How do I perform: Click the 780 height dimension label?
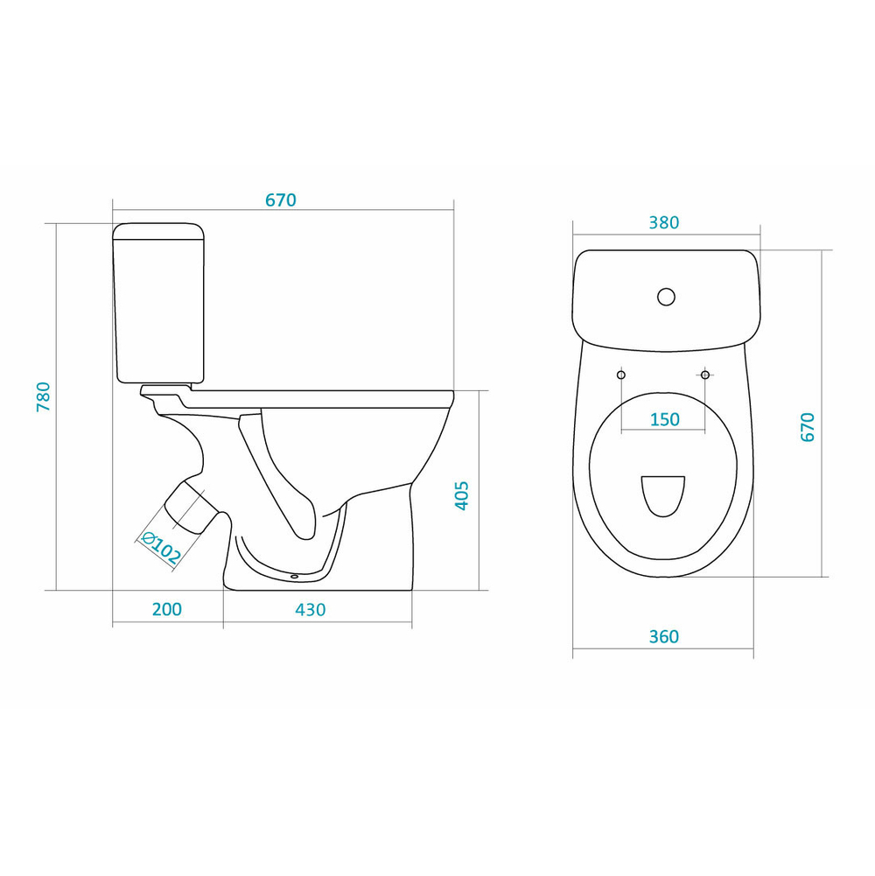click(x=44, y=396)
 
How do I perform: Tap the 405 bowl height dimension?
click(x=461, y=495)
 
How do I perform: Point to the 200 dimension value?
click(x=167, y=609)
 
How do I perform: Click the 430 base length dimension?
click(x=310, y=609)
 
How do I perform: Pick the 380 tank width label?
click(x=664, y=222)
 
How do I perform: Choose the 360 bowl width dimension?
click(x=664, y=636)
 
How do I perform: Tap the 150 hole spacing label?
click(x=664, y=419)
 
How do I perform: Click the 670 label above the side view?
click(x=281, y=200)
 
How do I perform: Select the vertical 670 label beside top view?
click(x=808, y=427)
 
